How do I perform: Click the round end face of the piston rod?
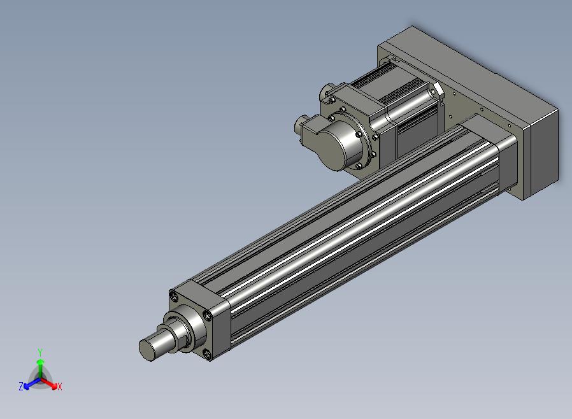coord(148,350)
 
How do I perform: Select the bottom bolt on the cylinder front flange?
coord(207,353)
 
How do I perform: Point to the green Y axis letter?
coord(40,352)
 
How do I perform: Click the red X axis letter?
coord(60,387)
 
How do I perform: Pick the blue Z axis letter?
coord(21,386)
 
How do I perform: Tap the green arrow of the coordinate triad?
coord(41,369)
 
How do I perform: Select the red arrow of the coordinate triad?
coord(49,383)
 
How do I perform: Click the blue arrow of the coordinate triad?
coord(32,383)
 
